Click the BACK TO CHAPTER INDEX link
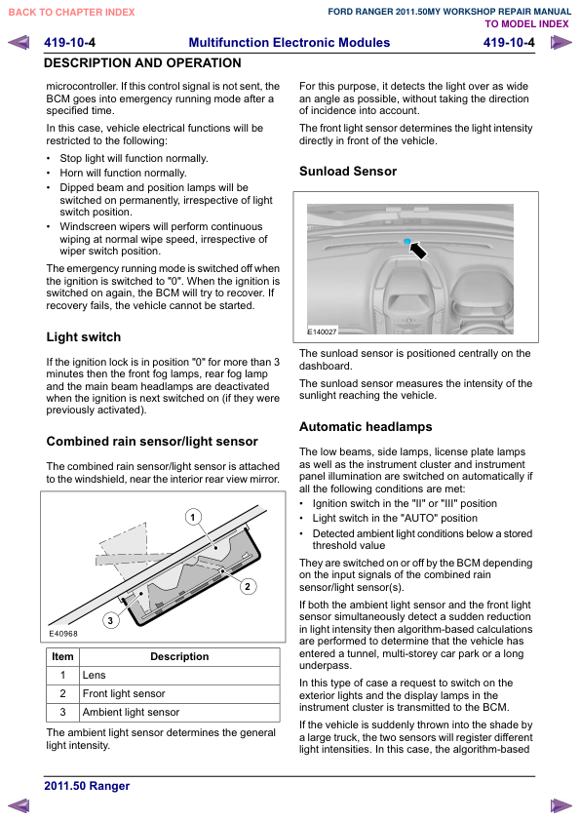click(72, 12)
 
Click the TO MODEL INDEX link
click(526, 24)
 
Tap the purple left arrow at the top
click(19, 42)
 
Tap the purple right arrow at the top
click(561, 42)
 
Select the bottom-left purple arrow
click(19, 805)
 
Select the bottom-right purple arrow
click(561, 805)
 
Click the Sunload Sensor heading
click(348, 172)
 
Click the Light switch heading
click(84, 337)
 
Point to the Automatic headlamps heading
click(366, 427)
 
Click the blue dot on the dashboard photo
click(407, 242)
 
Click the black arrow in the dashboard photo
click(418, 250)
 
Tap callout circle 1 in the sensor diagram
click(193, 518)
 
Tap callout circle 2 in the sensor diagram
click(248, 586)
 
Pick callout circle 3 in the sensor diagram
click(110, 620)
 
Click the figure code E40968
click(63, 634)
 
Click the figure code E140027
click(322, 332)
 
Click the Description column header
click(179, 656)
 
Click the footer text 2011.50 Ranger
click(87, 786)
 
